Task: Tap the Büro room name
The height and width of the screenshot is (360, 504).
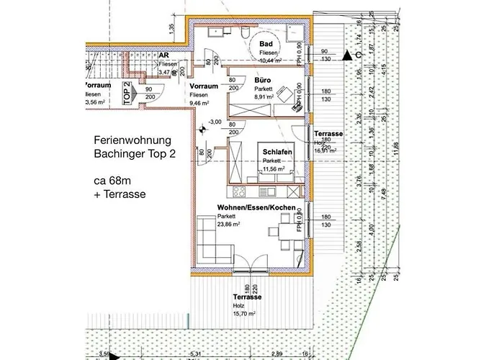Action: (x=262, y=81)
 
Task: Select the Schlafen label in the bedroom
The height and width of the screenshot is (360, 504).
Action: (x=277, y=152)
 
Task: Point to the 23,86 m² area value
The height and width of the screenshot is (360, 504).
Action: (x=229, y=224)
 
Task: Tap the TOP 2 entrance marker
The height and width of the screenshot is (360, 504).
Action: (x=127, y=94)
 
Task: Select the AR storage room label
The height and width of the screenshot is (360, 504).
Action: (x=164, y=55)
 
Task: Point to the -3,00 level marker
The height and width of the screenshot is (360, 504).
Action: (x=215, y=121)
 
